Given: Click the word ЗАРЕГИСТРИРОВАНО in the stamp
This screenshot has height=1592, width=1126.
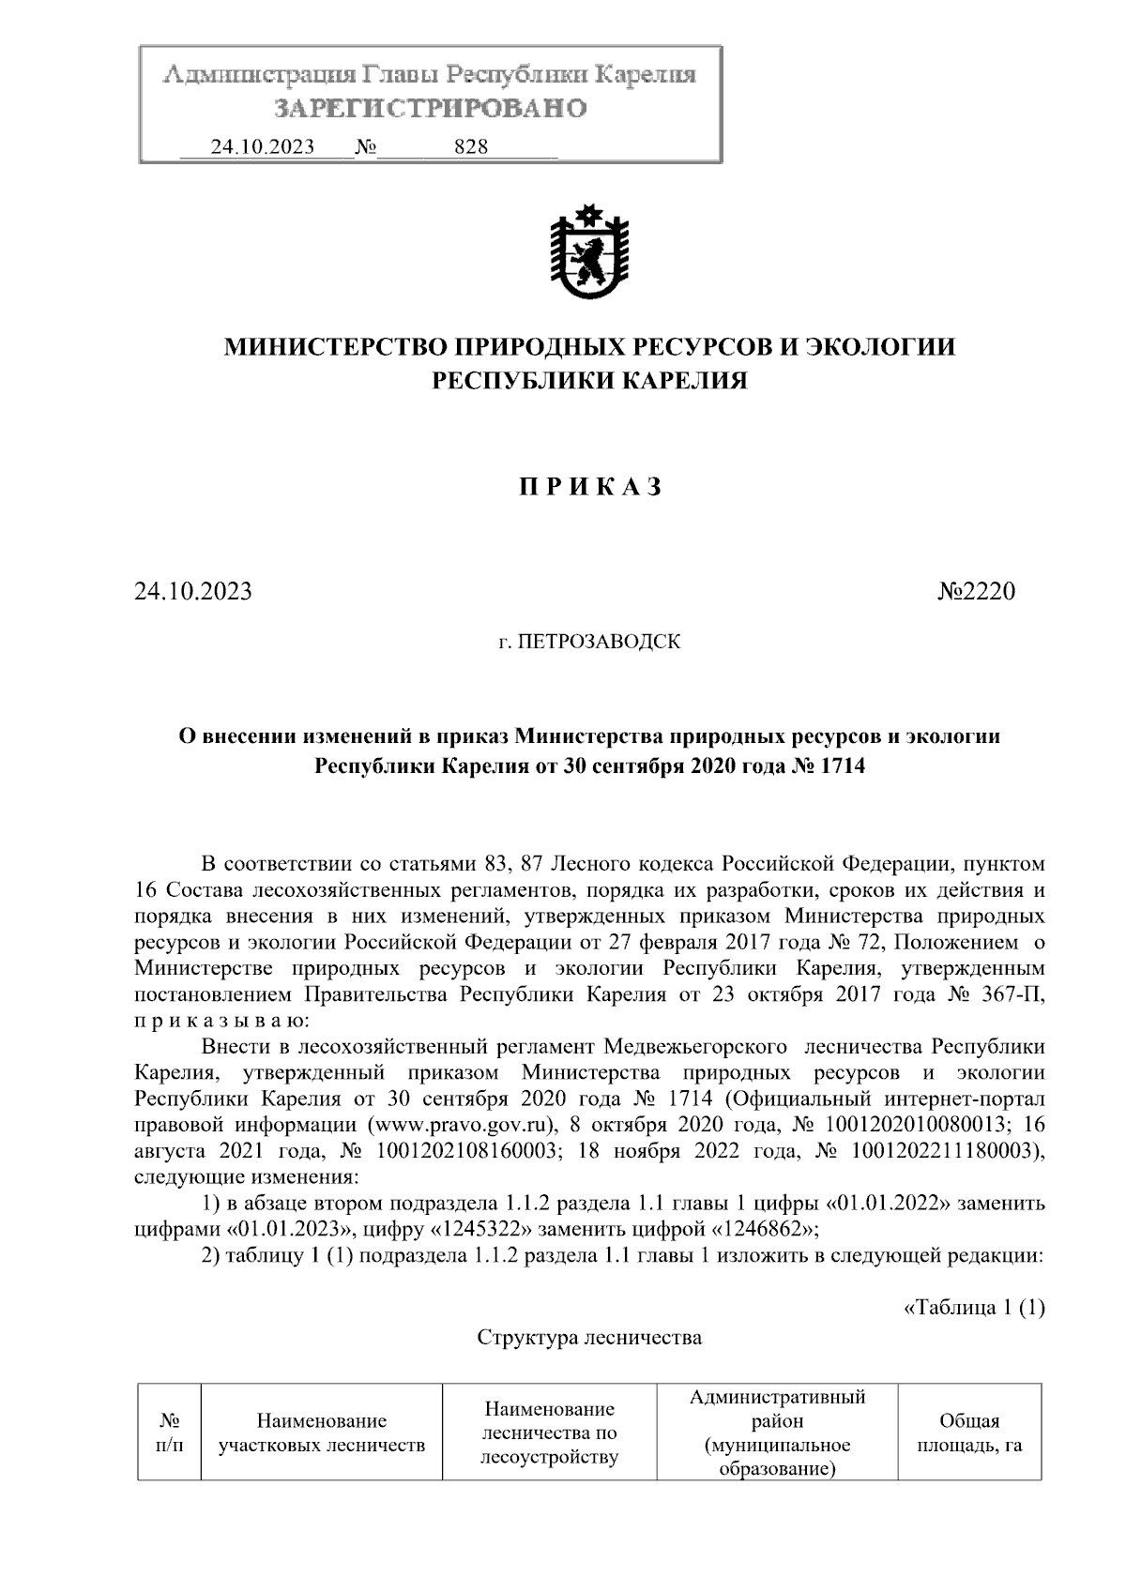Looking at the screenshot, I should pyautogui.click(x=430, y=108).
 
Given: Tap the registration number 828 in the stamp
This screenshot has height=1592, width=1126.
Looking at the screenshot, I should pyautogui.click(x=470, y=147).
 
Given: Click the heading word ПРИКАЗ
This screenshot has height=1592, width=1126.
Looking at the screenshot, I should pyautogui.click(x=590, y=487).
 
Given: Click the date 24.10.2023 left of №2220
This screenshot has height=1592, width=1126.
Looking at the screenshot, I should pyautogui.click(x=192, y=592).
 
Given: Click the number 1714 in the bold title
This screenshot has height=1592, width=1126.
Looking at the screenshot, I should pyautogui.click(x=841, y=766).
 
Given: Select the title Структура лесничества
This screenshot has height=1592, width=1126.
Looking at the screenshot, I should pyautogui.click(x=589, y=1338).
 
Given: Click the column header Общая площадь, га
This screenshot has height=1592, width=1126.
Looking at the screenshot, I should pyautogui.click(x=969, y=1433).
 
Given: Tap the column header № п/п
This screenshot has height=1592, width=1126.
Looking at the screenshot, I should pyautogui.click(x=170, y=1433).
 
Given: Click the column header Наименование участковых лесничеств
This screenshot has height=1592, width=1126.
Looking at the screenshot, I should pyautogui.click(x=322, y=1433).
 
